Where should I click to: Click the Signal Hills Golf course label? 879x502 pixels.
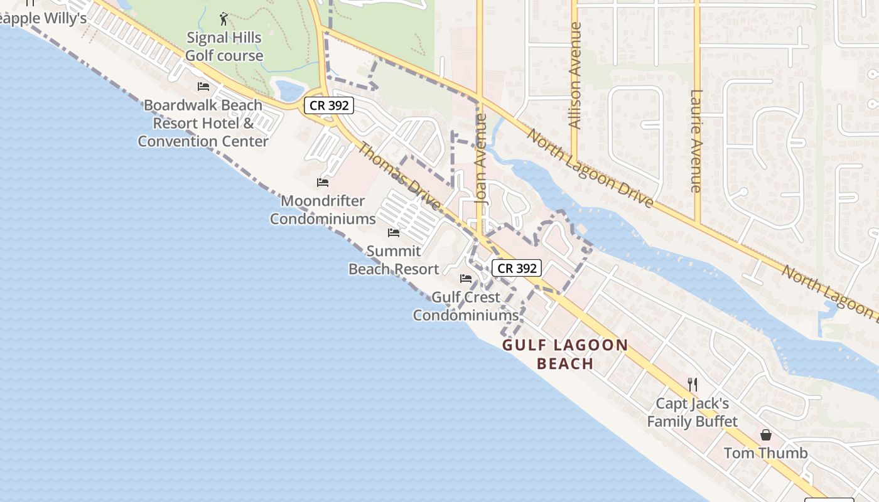pyautogui.click(x=224, y=46)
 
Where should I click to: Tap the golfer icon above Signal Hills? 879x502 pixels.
pyautogui.click(x=224, y=19)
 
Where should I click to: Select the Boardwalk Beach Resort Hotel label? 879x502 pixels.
pyautogui.click(x=203, y=123)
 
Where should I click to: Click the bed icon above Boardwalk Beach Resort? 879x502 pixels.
pyautogui.click(x=203, y=87)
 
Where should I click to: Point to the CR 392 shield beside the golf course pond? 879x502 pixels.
pyautogui.click(x=329, y=105)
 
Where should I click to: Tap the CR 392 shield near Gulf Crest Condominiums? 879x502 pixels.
pyautogui.click(x=517, y=268)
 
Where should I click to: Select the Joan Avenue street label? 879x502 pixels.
pyautogui.click(x=482, y=159)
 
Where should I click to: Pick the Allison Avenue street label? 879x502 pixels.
pyautogui.click(x=574, y=75)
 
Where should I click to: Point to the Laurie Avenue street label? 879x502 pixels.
pyautogui.click(x=696, y=141)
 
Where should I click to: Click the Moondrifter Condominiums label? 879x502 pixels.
pyautogui.click(x=323, y=210)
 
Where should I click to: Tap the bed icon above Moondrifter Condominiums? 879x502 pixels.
pyautogui.click(x=323, y=183)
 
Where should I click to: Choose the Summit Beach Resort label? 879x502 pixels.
pyautogui.click(x=394, y=260)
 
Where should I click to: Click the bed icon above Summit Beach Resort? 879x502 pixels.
pyautogui.click(x=394, y=233)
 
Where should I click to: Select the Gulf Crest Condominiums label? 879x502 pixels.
pyautogui.click(x=466, y=306)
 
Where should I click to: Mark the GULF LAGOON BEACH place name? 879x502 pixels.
pyautogui.click(x=565, y=354)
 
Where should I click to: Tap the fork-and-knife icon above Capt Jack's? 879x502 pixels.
pyautogui.click(x=693, y=384)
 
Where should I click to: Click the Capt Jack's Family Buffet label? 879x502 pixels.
pyautogui.click(x=693, y=412)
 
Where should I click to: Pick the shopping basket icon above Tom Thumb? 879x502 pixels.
pyautogui.click(x=766, y=434)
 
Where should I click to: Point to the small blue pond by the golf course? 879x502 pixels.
pyautogui.click(x=289, y=91)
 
